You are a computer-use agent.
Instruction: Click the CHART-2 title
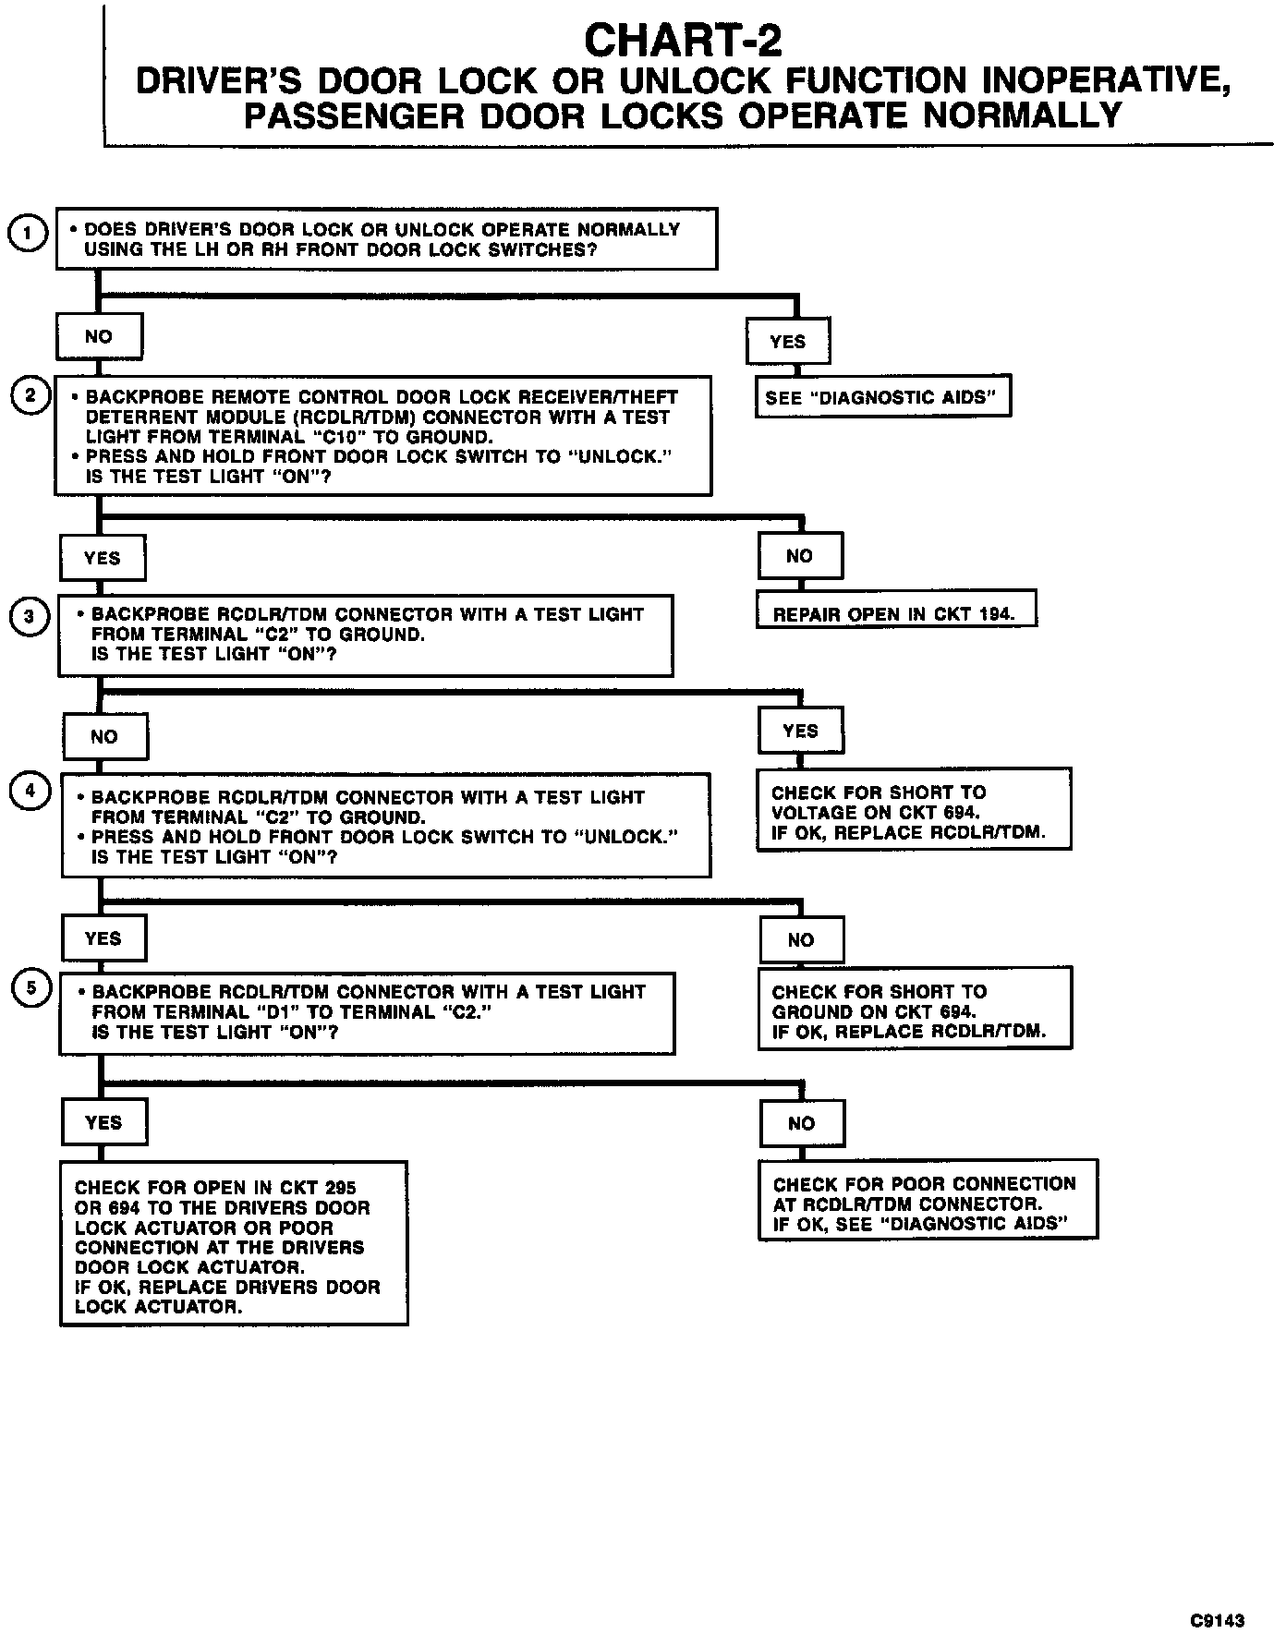pyautogui.click(x=683, y=42)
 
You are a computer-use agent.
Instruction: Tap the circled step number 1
pyautogui.click(x=29, y=234)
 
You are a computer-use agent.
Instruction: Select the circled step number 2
pyautogui.click(x=30, y=395)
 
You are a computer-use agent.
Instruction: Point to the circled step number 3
pyautogui.click(x=29, y=616)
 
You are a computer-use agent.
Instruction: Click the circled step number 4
pyautogui.click(x=30, y=792)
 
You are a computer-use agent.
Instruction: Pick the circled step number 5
pyautogui.click(x=31, y=988)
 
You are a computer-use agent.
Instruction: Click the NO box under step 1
pyautogui.click(x=99, y=337)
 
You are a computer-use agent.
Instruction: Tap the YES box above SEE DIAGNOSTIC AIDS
pyautogui.click(x=788, y=342)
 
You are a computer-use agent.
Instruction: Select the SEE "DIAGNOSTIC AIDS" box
pyautogui.click(x=882, y=398)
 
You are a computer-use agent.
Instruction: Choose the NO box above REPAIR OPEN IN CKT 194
pyautogui.click(x=800, y=556)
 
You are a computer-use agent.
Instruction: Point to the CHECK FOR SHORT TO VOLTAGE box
pyautogui.click(x=914, y=812)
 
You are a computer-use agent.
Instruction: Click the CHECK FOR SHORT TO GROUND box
pyautogui.click(x=915, y=1010)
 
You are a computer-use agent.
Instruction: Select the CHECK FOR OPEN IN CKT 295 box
pyautogui.click(x=234, y=1246)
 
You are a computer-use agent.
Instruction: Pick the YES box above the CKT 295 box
pyautogui.click(x=103, y=1122)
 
